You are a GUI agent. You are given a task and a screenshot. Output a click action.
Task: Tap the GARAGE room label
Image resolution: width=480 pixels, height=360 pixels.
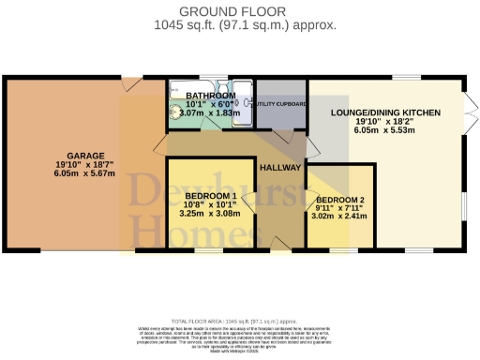pos(84,155)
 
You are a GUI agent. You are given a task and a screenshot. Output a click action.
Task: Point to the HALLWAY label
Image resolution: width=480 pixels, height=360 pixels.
pos(282,167)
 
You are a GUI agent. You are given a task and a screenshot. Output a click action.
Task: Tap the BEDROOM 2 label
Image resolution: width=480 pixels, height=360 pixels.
pos(339,200)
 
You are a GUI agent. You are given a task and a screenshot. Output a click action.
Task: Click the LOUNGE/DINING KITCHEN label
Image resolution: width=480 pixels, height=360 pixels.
pos(385,112)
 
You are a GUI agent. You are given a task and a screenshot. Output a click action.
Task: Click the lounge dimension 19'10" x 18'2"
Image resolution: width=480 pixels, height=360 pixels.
pos(385,122)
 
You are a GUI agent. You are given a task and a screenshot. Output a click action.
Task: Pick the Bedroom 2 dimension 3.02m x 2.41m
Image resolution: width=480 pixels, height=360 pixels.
pos(339,216)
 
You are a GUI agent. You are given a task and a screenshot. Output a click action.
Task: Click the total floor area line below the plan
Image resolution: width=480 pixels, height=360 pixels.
pos(239,320)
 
